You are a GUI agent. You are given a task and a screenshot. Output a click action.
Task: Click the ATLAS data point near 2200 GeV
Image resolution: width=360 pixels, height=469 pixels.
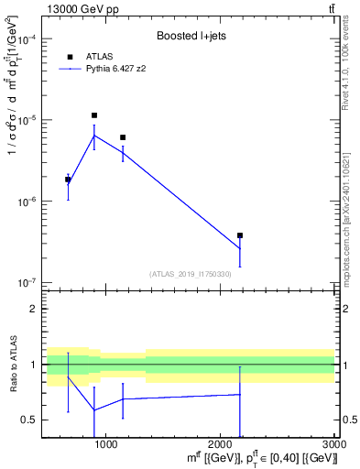240,235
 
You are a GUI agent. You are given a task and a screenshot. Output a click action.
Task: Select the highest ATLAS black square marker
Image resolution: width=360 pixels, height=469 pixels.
94,115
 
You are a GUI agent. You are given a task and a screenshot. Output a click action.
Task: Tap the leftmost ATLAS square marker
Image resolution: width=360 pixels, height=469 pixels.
68,180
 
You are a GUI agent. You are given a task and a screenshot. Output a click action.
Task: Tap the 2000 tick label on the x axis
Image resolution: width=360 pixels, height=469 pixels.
221,444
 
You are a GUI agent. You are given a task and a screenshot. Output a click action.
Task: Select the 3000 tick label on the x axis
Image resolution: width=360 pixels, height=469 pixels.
334,444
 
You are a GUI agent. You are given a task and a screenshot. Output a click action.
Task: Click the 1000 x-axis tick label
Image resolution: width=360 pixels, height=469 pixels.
106,444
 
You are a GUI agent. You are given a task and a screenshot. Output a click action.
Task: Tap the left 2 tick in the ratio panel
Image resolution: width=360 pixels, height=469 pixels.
32,310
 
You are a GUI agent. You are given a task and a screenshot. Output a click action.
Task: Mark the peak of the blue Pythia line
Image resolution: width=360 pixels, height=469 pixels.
94,136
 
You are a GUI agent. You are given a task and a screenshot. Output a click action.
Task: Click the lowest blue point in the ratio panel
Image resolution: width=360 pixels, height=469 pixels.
94,409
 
